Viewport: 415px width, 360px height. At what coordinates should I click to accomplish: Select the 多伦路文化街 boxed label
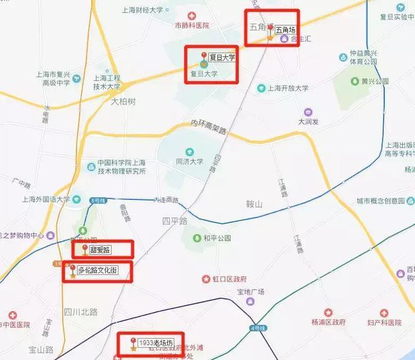[x=97, y=270]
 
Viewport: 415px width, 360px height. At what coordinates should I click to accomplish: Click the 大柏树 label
[x=123, y=101]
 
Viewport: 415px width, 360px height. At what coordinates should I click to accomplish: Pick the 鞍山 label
[x=255, y=204]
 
